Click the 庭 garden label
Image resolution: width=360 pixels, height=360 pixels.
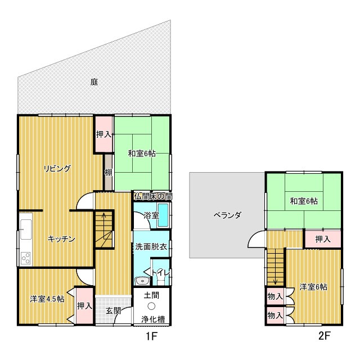click(94, 82)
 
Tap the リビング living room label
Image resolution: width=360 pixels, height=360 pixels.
click(57, 169)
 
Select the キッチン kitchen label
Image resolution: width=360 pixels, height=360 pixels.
click(61, 239)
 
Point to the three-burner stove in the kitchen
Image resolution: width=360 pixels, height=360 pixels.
click(26, 258)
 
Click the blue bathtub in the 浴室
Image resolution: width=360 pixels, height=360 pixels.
click(163, 215)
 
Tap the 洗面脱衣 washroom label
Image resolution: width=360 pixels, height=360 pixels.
click(151, 246)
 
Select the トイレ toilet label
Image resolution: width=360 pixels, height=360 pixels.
click(160, 273)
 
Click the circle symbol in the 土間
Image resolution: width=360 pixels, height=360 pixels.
click(151, 306)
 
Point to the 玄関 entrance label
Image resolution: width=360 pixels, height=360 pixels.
click(113, 311)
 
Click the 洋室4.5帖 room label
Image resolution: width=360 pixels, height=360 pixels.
click(47, 299)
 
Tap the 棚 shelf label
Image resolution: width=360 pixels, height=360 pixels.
click(109, 172)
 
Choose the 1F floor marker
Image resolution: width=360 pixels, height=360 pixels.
click(151, 336)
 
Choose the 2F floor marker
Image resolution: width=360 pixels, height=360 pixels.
click(324, 336)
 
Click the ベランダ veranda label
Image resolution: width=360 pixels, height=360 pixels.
click(227, 215)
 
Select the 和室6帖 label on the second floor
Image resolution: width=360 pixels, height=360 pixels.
click(304, 201)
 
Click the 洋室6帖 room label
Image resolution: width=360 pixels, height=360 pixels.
click(313, 287)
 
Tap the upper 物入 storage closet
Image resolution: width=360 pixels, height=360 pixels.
click(275, 296)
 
